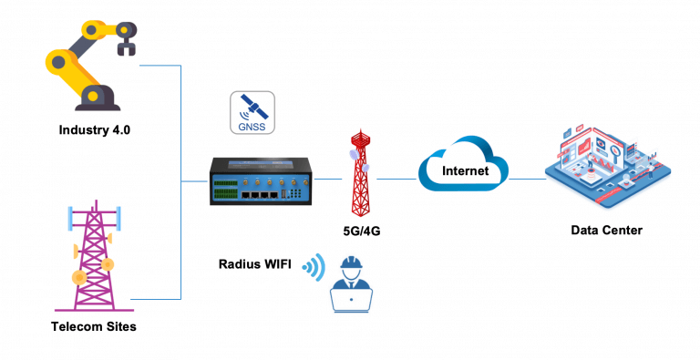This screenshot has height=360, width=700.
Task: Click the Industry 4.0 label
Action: (95, 129)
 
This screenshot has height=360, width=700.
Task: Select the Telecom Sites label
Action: (94, 326)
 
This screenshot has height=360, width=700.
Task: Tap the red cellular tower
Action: (362, 172)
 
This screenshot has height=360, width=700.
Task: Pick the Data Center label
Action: (606, 231)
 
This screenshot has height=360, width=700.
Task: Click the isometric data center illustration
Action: (606, 164)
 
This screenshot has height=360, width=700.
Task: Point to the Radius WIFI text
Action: (256, 265)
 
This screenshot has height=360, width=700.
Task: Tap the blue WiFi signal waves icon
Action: (315, 267)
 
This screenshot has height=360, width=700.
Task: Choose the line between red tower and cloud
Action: (397, 180)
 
